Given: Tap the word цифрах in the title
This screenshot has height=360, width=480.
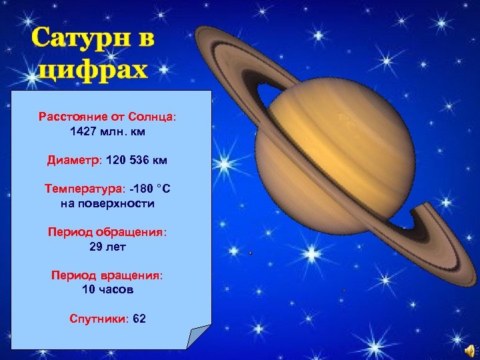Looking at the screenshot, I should (x=93, y=69).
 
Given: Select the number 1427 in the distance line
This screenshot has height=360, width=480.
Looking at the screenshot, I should (x=83, y=132).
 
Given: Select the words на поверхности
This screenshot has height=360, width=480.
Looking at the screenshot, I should (x=107, y=204).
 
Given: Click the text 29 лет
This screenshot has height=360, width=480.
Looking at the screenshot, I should (x=107, y=247).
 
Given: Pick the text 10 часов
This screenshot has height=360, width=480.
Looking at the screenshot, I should (x=107, y=290).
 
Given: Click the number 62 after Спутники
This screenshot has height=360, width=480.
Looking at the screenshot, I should (x=139, y=319).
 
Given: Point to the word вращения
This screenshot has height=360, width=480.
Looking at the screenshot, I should (x=133, y=275).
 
